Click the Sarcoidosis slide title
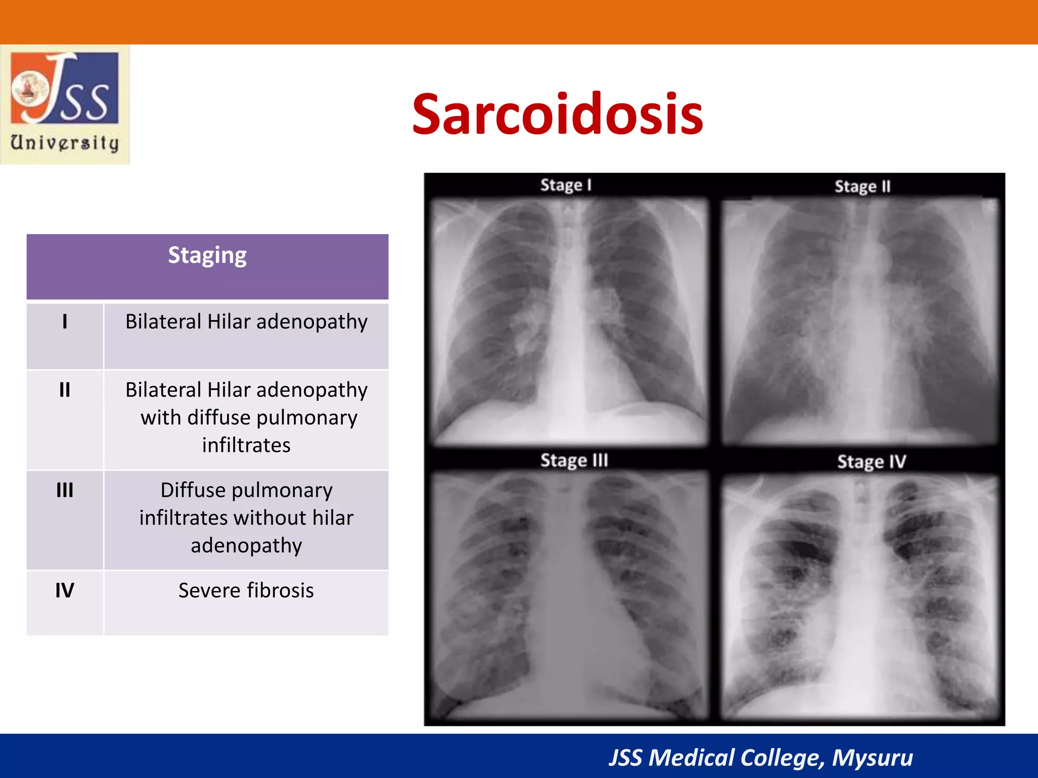click(557, 115)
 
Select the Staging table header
click(207, 255)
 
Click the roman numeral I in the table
click(65, 322)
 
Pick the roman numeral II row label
click(65, 390)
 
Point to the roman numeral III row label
click(65, 490)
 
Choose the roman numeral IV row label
click(65, 590)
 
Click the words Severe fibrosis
click(246, 591)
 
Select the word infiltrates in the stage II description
click(246, 445)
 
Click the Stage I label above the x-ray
click(566, 185)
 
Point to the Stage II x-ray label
click(862, 187)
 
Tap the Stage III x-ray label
click(574, 460)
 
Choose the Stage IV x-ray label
click(871, 462)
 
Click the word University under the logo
click(65, 143)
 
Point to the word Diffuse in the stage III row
click(193, 490)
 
